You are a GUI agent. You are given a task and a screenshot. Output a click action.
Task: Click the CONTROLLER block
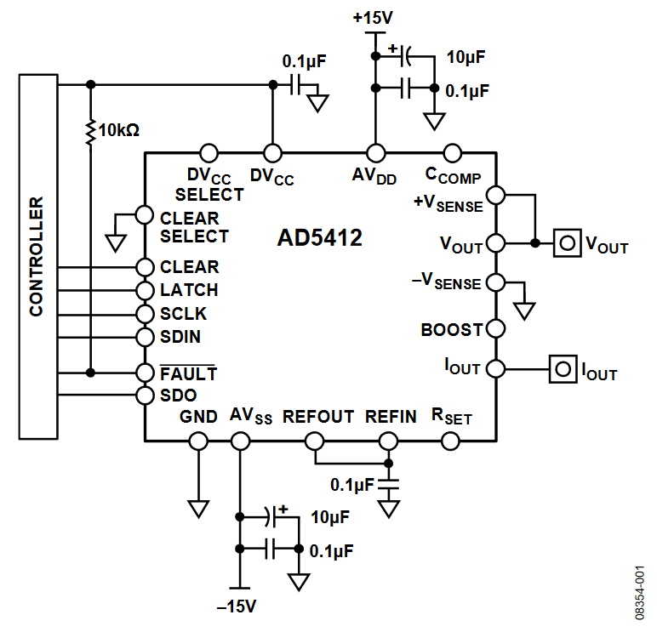pyautogui.click(x=38, y=257)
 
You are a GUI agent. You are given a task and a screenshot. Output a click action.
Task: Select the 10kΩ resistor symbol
pyautogui.click(x=90, y=133)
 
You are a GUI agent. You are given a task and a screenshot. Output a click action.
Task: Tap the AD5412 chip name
pyautogui.click(x=320, y=238)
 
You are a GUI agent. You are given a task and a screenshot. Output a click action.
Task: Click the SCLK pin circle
pyautogui.click(x=145, y=314)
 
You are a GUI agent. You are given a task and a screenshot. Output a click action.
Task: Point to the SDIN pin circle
pyautogui.click(x=145, y=337)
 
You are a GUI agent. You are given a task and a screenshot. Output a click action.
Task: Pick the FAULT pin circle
pyautogui.click(x=145, y=373)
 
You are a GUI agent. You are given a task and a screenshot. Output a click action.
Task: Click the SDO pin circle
pyautogui.click(x=145, y=396)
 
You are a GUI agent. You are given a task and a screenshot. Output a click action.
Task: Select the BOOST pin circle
pyautogui.click(x=496, y=329)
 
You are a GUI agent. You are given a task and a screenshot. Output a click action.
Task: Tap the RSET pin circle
pyautogui.click(x=450, y=441)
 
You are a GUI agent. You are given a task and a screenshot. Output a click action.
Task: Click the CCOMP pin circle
pyautogui.click(x=453, y=153)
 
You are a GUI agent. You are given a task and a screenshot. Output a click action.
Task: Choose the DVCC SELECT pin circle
pyautogui.click(x=209, y=153)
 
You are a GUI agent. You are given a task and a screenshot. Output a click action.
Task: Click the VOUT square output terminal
pyautogui.click(x=568, y=243)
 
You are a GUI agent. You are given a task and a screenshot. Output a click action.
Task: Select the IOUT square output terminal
pyautogui.click(x=563, y=369)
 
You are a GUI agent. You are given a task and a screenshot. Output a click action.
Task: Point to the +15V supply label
pyautogui.click(x=373, y=18)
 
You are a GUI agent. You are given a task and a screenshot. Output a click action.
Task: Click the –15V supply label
pyautogui.click(x=237, y=606)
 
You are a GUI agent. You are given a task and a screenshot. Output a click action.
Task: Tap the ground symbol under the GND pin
pyautogui.click(x=198, y=509)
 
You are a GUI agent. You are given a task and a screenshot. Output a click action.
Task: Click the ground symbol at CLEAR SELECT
pyautogui.click(x=116, y=243)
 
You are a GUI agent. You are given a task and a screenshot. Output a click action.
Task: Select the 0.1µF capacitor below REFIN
pyautogui.click(x=388, y=485)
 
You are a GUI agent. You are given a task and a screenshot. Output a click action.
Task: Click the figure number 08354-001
pyautogui.click(x=639, y=593)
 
